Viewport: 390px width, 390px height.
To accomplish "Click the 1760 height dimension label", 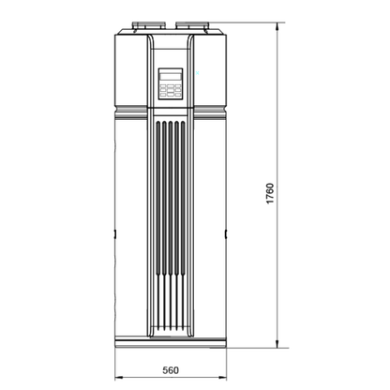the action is (270, 193).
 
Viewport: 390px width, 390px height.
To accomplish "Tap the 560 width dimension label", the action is (171, 370).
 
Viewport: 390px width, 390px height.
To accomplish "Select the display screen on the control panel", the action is (171, 77).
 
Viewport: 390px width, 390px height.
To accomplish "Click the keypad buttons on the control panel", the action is (171, 90).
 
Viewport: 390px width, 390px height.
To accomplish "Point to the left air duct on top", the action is (147, 25).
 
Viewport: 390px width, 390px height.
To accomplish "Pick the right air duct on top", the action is (191, 25).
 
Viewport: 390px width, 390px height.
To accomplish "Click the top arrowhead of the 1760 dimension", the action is (277, 26).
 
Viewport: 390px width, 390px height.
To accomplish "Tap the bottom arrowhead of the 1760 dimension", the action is (277, 344).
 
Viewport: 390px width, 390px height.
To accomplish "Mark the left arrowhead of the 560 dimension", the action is (119, 378).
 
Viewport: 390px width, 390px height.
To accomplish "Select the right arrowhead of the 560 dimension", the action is (222, 378).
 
